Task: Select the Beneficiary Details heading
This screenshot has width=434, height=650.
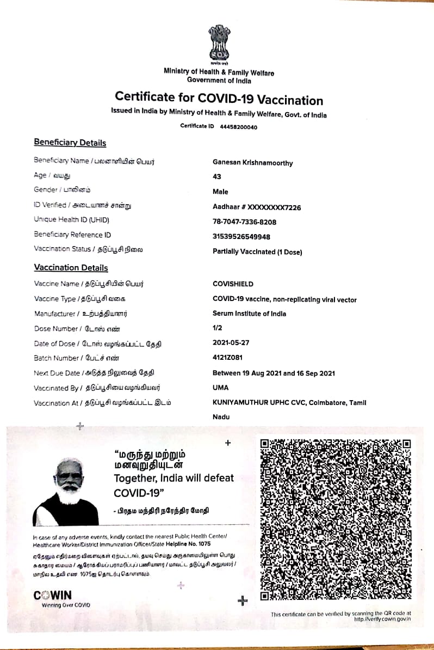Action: (70, 143)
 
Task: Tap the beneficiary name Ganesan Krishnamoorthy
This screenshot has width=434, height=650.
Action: (252, 163)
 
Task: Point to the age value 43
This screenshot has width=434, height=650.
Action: (217, 177)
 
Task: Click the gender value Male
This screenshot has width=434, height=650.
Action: (220, 192)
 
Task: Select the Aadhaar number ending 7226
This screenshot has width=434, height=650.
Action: (256, 207)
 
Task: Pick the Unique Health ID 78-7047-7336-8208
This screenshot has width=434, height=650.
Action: (244, 222)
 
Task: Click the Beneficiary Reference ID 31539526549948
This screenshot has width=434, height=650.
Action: (241, 237)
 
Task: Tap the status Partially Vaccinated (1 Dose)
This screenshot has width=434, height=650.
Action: (257, 252)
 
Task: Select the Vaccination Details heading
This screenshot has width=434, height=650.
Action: (71, 268)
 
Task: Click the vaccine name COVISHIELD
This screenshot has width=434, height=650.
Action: (233, 284)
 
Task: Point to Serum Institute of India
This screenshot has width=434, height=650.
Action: (249, 314)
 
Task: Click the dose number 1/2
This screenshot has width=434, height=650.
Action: (217, 328)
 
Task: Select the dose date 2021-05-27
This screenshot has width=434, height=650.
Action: (230, 343)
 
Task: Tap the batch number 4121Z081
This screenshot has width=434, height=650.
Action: (227, 358)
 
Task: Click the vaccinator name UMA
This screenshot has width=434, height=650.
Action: (220, 388)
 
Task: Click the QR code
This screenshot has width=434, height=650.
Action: (335, 519)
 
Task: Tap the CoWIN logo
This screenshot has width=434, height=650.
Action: (52, 595)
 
